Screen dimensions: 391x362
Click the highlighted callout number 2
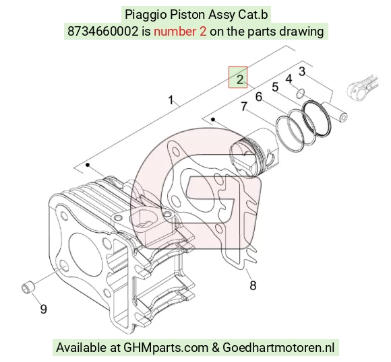(x=239, y=79)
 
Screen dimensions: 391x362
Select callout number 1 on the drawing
(x=171, y=100)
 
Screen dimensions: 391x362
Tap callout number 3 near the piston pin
(x=302, y=71)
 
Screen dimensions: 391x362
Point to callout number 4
(x=289, y=79)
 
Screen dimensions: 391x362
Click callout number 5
(x=275, y=87)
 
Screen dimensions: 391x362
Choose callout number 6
(x=259, y=97)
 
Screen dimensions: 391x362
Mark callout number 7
(x=244, y=106)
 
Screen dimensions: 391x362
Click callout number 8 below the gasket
(x=253, y=285)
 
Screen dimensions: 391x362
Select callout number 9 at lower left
(x=43, y=309)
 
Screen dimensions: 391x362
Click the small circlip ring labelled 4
(x=301, y=94)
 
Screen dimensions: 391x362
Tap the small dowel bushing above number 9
(x=28, y=287)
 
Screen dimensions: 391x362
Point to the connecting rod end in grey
(x=362, y=87)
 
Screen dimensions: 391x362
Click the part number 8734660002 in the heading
(x=102, y=32)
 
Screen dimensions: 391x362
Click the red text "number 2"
(x=180, y=32)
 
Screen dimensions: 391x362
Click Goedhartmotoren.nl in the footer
(x=278, y=347)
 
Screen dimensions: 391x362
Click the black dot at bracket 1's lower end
(x=88, y=165)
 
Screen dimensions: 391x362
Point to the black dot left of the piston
(x=213, y=120)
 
